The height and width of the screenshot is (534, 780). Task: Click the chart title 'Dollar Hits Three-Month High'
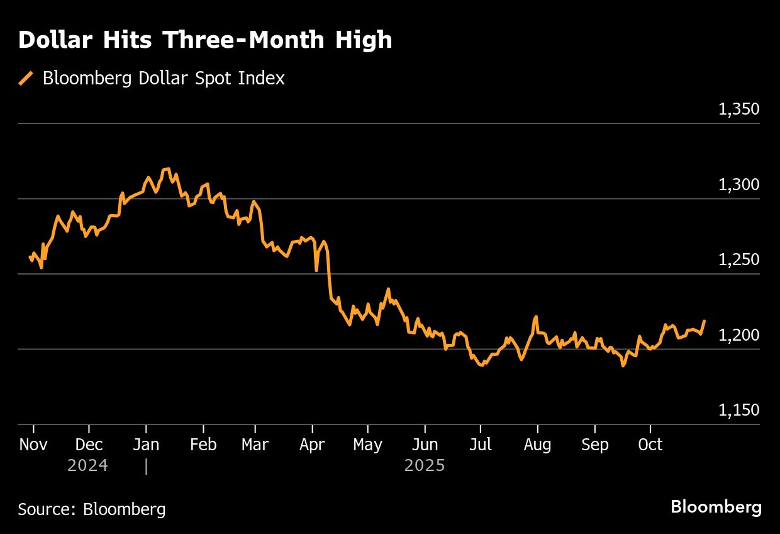[205, 40]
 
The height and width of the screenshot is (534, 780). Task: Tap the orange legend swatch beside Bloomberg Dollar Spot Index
[26, 78]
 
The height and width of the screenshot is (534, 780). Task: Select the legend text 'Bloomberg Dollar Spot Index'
[164, 78]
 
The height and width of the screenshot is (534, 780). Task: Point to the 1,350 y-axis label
[738, 109]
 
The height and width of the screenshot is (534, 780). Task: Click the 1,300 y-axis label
[738, 185]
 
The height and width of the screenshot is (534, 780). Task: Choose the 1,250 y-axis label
[738, 259]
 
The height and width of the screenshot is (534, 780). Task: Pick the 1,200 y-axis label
[738, 335]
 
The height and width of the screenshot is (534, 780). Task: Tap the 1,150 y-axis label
[738, 410]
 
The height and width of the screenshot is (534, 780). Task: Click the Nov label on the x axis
[33, 445]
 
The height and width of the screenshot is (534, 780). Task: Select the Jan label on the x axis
[146, 445]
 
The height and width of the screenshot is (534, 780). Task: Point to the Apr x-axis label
[312, 445]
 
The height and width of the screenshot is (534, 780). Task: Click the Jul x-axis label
[481, 445]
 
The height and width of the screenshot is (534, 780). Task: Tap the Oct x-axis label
[650, 445]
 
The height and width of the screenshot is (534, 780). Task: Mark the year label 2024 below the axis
[87, 466]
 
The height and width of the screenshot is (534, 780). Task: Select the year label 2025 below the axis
[425, 466]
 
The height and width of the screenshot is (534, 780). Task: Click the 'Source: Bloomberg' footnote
[92, 509]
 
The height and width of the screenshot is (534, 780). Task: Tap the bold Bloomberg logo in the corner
[716, 507]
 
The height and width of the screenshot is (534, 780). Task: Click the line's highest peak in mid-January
[167, 169]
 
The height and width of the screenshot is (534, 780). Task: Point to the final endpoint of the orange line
[704, 321]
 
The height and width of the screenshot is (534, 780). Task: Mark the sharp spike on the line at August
[536, 317]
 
